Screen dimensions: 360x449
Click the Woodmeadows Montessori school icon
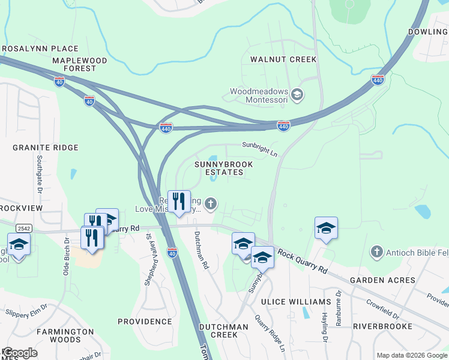click(297, 95)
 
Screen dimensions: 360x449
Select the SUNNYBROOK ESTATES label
click(223, 168)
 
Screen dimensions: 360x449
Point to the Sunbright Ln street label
click(259, 148)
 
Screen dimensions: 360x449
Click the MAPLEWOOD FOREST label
click(79, 65)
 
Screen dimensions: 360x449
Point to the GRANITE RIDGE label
click(46, 148)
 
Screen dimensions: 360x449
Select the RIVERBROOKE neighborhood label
click(382, 326)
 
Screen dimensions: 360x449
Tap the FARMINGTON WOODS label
click(65, 335)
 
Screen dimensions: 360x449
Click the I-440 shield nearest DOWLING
click(377, 80)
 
